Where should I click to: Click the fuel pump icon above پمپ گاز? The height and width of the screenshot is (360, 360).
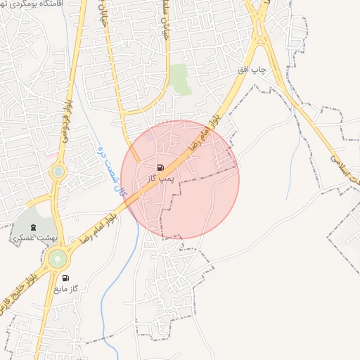point(161,167)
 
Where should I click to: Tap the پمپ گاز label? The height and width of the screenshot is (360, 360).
point(160,179)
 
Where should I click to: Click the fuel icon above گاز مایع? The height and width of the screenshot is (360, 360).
point(66,278)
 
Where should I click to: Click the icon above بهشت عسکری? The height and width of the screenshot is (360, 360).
point(34,227)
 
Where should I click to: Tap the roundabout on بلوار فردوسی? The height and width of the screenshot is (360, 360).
point(58,171)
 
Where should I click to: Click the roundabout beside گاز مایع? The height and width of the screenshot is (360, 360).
point(55,259)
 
